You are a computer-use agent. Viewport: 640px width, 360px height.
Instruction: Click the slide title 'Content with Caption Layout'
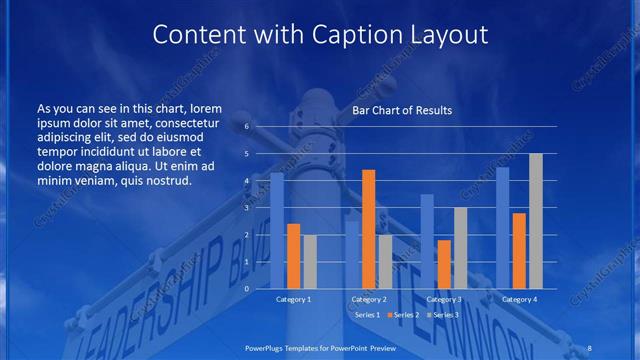320,35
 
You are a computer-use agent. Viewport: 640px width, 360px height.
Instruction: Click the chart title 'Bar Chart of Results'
401,110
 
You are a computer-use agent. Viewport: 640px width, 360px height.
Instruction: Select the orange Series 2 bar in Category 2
368,229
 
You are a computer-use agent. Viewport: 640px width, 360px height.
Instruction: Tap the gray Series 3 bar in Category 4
535,221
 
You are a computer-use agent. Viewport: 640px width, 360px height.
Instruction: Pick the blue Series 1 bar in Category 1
277,231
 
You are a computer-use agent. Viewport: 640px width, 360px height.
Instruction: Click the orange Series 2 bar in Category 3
443,264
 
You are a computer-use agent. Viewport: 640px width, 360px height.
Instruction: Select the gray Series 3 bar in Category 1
310,262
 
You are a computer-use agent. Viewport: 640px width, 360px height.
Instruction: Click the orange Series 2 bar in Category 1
293,256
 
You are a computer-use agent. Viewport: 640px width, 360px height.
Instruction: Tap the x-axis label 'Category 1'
293,299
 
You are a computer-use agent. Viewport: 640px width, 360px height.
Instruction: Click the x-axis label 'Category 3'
443,299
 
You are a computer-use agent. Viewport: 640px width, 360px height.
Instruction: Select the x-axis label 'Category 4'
518,299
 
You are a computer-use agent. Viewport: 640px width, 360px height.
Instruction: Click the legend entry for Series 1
365,315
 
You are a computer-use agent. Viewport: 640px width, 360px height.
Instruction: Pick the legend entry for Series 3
441,315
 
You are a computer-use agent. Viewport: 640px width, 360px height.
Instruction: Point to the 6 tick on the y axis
247,127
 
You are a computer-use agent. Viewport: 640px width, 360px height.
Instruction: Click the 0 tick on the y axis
247,289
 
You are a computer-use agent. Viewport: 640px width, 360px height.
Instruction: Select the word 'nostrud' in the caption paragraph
165,181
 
